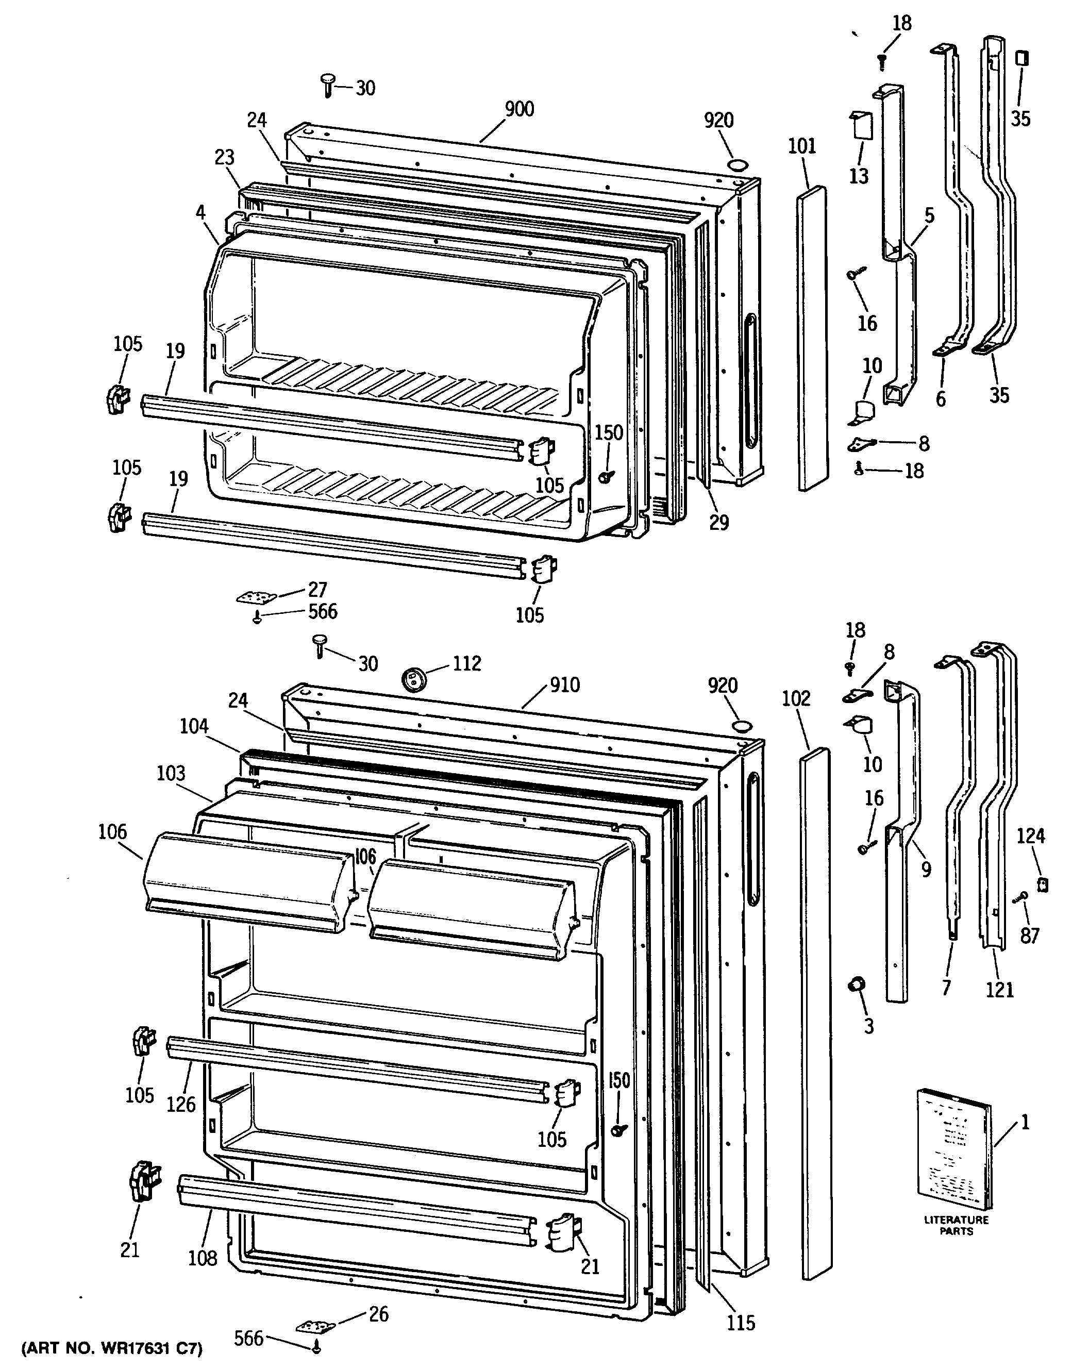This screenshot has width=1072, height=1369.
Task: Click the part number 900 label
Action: coord(520,109)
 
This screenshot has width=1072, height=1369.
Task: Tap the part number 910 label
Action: coord(564,685)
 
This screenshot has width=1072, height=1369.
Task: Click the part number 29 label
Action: coord(719,522)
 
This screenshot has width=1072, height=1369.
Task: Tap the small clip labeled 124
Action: coord(1043,884)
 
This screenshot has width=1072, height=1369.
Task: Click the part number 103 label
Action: coord(171,773)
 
